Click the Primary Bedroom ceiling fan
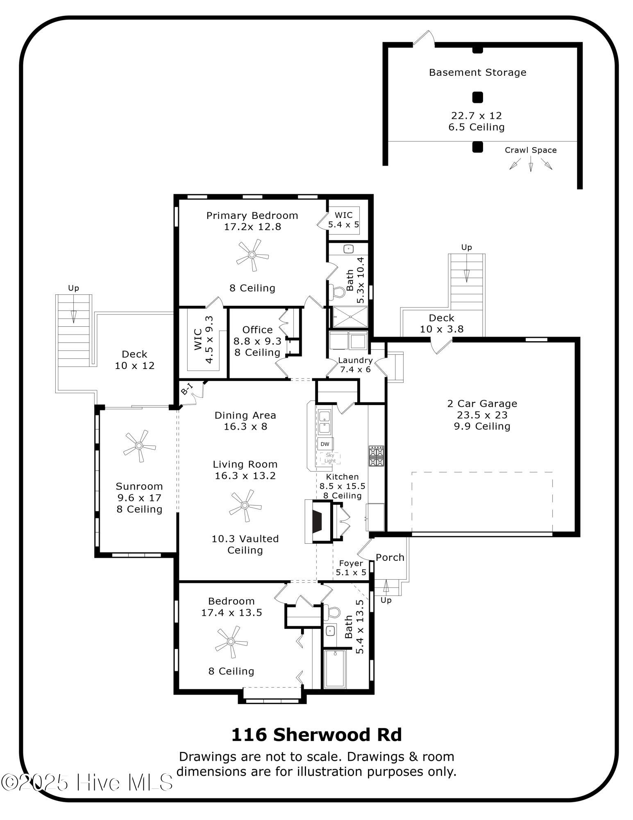(x=252, y=255)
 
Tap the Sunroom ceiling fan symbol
(x=139, y=446)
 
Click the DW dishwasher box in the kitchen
(x=325, y=444)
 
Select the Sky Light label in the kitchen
(x=330, y=458)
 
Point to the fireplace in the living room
(x=317, y=522)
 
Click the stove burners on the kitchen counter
(x=376, y=456)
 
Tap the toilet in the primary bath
(x=338, y=292)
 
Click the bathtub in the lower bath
(x=335, y=669)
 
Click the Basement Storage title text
(x=477, y=73)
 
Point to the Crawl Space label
(x=530, y=150)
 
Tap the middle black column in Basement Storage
(x=477, y=98)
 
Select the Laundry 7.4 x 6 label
(x=355, y=364)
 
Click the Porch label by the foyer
(x=390, y=557)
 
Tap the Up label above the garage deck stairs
(x=466, y=247)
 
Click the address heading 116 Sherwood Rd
(x=316, y=735)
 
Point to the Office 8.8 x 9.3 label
(x=257, y=341)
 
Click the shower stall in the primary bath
(x=350, y=317)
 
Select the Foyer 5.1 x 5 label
(x=351, y=567)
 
